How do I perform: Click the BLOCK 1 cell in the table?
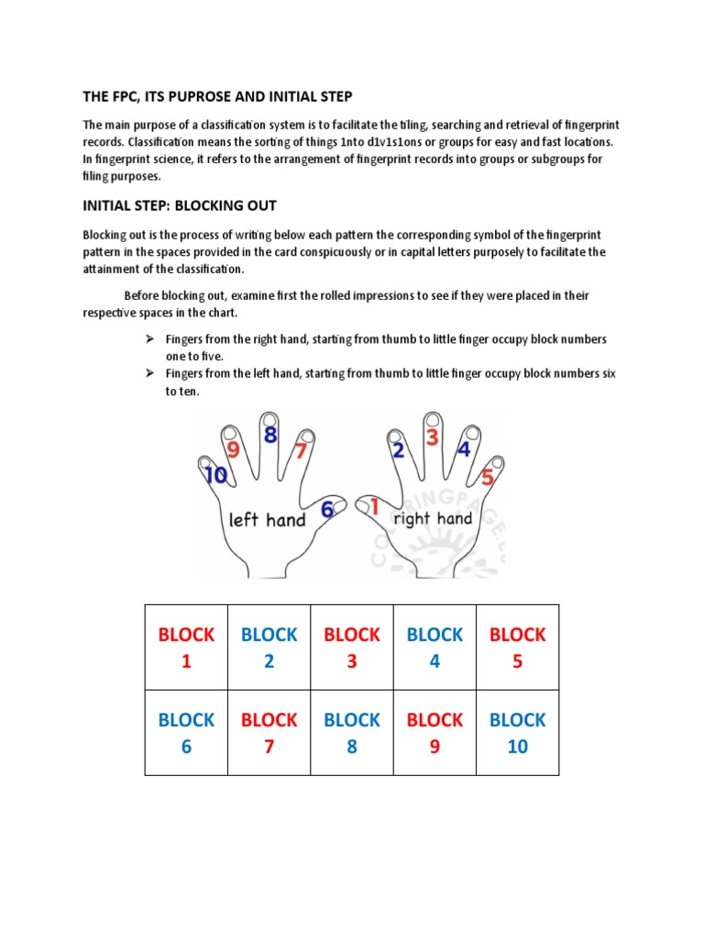click(x=186, y=647)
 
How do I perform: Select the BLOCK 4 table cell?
click(x=434, y=647)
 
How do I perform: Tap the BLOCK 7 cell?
click(x=269, y=733)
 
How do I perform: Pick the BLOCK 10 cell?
click(x=517, y=733)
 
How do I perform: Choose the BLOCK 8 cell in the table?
click(x=352, y=733)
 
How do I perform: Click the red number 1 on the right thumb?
click(x=374, y=504)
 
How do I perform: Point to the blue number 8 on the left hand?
click(x=270, y=436)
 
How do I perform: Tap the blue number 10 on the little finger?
click(x=216, y=476)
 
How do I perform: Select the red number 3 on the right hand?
click(x=432, y=437)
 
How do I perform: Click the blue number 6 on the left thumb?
click(x=326, y=511)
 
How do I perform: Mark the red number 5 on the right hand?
click(x=488, y=477)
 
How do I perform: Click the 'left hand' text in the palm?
click(x=267, y=520)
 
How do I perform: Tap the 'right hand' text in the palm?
click(x=433, y=518)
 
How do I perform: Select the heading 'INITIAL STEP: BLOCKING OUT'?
click(x=179, y=205)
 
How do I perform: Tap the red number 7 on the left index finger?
click(x=299, y=450)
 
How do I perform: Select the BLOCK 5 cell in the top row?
click(x=517, y=647)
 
